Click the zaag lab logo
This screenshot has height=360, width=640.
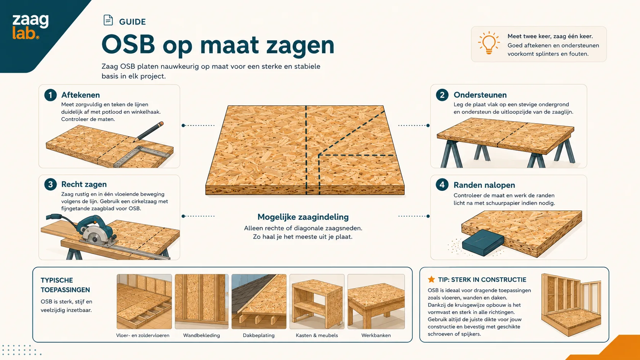[x=30, y=27]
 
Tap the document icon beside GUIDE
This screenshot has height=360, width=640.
[x=108, y=20]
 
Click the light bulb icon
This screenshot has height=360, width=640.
[x=489, y=43]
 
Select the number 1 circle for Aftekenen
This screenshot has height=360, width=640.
[x=50, y=95]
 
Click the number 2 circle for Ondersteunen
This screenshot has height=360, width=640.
[x=442, y=95]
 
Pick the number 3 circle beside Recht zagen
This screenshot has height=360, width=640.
[x=50, y=184]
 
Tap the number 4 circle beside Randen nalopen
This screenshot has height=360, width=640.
[x=442, y=185]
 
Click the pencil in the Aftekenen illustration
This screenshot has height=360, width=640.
[x=148, y=132]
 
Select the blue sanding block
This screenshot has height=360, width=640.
[x=483, y=243]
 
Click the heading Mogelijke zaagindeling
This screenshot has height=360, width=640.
[x=303, y=217]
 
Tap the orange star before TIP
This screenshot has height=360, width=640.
[x=431, y=280]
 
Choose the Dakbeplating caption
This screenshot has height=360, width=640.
[x=259, y=336]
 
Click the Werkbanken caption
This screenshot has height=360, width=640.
[x=376, y=336]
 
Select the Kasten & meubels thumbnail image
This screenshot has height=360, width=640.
[x=317, y=302]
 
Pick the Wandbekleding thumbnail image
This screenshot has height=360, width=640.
[x=202, y=302]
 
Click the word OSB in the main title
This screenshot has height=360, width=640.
[x=128, y=44]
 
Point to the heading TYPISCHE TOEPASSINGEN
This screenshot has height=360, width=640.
[x=65, y=285]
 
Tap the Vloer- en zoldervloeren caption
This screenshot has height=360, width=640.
[x=142, y=336]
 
